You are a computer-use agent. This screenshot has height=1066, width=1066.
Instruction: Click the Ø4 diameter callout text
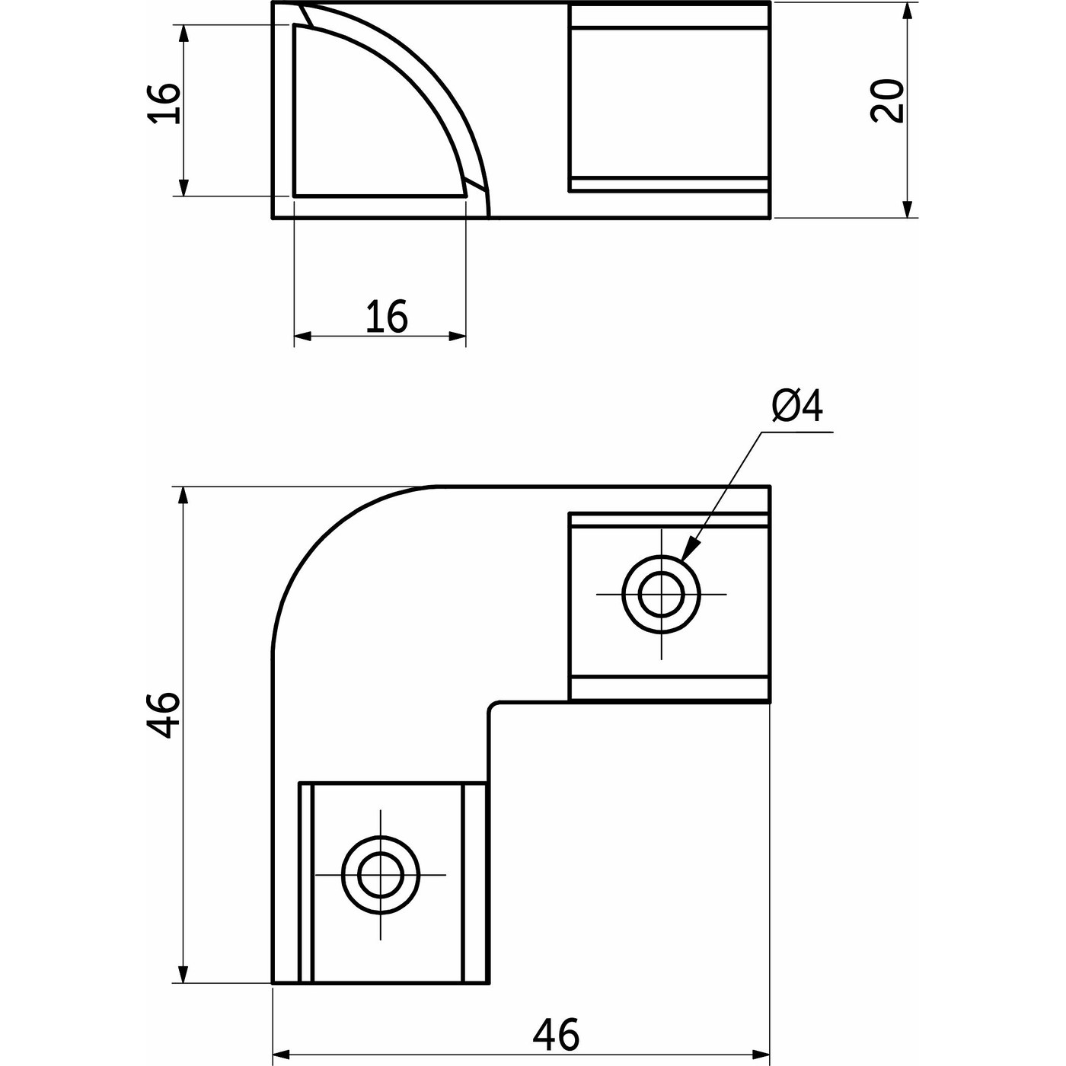coord(796,407)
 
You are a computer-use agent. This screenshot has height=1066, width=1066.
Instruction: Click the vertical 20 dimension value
coord(886,101)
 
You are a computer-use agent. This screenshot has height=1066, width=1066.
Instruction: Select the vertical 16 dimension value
coord(164,104)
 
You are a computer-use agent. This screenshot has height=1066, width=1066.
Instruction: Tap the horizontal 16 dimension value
coord(387,316)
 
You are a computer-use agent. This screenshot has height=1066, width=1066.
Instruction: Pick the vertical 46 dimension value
coord(164,714)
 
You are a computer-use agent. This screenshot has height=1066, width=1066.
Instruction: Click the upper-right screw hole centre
coord(661,595)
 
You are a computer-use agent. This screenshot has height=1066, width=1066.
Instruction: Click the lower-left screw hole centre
coord(381,875)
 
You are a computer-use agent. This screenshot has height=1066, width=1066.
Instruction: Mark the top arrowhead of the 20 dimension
coord(907,11)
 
